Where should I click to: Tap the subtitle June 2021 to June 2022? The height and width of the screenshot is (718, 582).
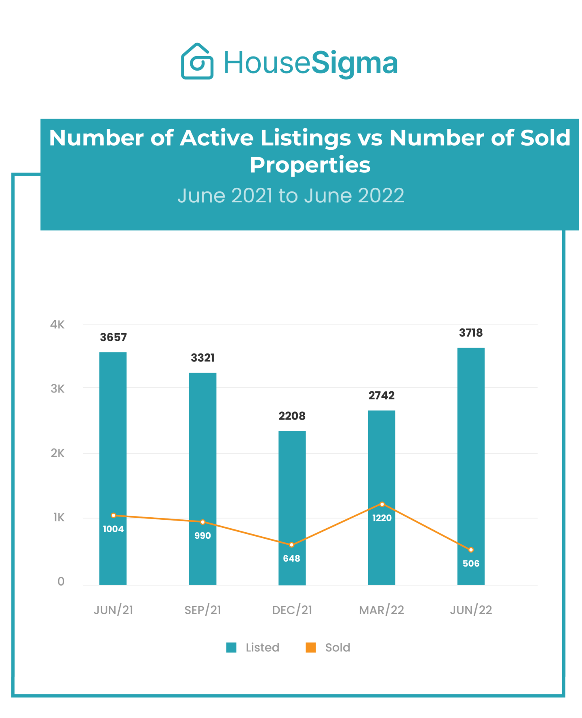tap(291, 195)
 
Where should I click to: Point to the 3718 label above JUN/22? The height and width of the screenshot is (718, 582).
tap(470, 333)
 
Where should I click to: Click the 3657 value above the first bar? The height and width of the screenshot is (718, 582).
tap(113, 337)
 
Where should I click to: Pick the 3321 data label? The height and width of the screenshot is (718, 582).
tap(202, 358)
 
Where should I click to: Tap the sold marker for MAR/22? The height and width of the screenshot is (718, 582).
tap(382, 504)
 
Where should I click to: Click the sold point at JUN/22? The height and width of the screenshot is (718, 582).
tap(471, 550)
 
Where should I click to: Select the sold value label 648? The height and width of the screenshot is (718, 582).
tap(291, 558)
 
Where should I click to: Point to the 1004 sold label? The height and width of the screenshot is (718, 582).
tap(113, 529)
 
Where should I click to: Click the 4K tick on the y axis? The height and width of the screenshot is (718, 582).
tap(57, 324)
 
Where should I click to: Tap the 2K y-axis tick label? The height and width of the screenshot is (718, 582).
tap(57, 453)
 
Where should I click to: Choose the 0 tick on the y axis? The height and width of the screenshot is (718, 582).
tap(61, 582)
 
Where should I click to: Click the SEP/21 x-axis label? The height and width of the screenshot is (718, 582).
tap(202, 610)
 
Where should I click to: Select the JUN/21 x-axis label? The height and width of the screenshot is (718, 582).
tap(113, 610)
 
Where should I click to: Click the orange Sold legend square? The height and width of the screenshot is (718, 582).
tap(310, 647)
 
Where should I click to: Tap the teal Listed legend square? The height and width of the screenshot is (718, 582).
tap(231, 647)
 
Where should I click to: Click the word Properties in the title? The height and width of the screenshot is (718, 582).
tap(310, 165)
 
